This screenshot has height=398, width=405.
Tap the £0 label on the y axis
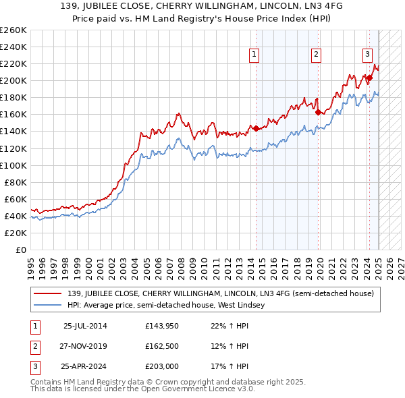[x=20, y=250]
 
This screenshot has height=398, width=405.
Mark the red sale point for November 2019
[x=318, y=113]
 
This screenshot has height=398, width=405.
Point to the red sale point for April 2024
[x=369, y=78]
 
